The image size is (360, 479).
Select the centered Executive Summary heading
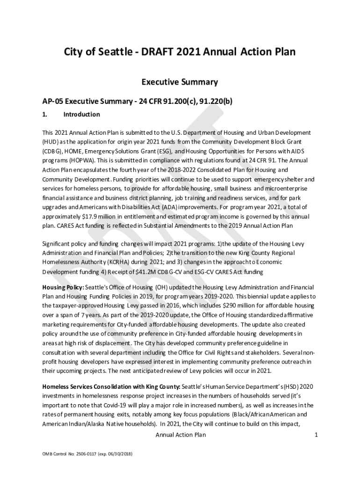180,82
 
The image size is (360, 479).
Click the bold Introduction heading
81,115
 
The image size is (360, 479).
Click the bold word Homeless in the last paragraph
57,387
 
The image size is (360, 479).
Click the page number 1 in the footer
316,435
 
